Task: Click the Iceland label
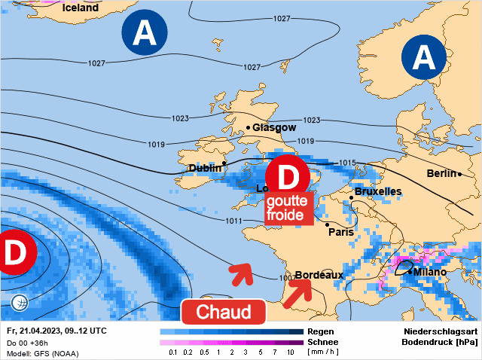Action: coord(81,8)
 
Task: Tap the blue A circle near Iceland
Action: coord(145,32)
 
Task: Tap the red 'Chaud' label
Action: coord(223,312)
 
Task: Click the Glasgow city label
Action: coord(274,127)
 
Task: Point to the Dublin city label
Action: coord(205,168)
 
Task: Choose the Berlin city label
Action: coord(442,173)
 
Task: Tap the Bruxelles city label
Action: coord(377,192)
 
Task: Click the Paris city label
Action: coord(341,232)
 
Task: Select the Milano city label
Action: coord(430,272)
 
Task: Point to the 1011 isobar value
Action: coord(233,221)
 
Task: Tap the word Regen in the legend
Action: coord(321,331)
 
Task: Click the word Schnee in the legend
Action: coord(323,342)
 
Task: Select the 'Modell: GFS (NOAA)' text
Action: coord(42,354)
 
